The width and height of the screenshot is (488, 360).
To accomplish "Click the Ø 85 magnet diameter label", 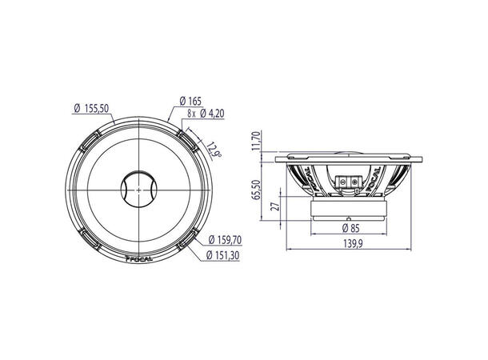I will tap(350, 227).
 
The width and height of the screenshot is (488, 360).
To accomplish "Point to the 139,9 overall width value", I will tap(349, 245).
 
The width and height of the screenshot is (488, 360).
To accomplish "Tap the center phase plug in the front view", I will tap(138, 191).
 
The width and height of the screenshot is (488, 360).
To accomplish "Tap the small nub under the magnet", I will tap(350, 218).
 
